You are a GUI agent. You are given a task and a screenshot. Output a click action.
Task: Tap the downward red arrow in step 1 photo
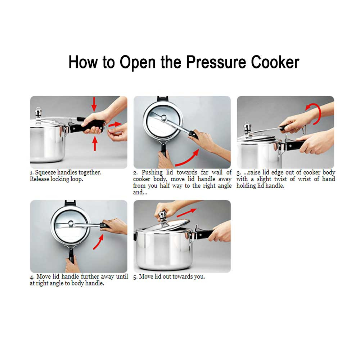(94, 104)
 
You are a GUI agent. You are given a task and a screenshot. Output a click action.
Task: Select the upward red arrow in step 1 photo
(95, 143)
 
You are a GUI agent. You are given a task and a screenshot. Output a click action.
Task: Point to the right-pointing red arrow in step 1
(115, 125)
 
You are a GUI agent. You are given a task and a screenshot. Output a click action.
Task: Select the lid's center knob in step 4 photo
(71, 223)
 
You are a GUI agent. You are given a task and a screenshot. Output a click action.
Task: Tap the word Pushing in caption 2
(152, 173)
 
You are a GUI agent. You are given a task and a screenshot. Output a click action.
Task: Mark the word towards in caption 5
(180, 277)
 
